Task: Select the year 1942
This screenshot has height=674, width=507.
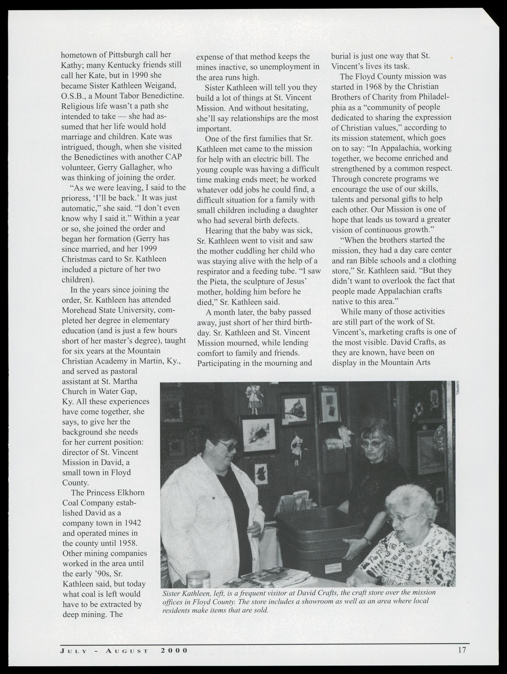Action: [132, 523]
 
